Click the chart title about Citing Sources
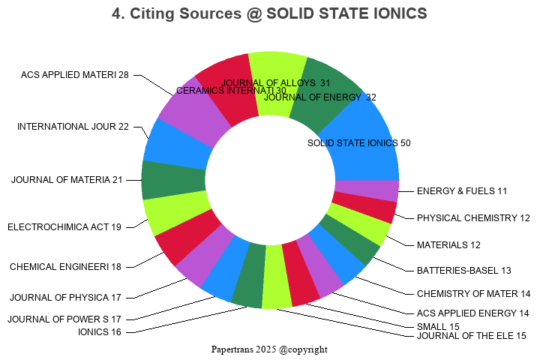pyautogui.click(x=269, y=13)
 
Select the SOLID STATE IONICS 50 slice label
pyautogui.click(x=359, y=142)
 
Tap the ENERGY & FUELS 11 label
pyautogui.click(x=462, y=191)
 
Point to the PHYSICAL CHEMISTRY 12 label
pyautogui.click(x=473, y=218)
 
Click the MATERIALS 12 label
pyautogui.click(x=448, y=244)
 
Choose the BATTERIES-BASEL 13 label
pyautogui.click(x=463, y=270)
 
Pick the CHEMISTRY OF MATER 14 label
pyautogui.click(x=473, y=293)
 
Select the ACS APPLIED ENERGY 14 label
pyautogui.click(x=472, y=313)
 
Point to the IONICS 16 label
pyautogui.click(x=100, y=332)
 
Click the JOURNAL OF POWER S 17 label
pyautogui.click(x=64, y=319)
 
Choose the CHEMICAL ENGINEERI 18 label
pyautogui.click(x=65, y=266)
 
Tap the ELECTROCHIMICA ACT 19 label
pyautogui.click(x=64, y=226)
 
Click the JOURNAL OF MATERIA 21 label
pyautogui.click(x=67, y=179)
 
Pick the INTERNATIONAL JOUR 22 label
pyautogui.click(x=73, y=126)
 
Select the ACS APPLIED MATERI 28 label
pyautogui.click(x=75, y=74)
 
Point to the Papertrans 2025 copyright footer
pyautogui.click(x=269, y=349)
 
